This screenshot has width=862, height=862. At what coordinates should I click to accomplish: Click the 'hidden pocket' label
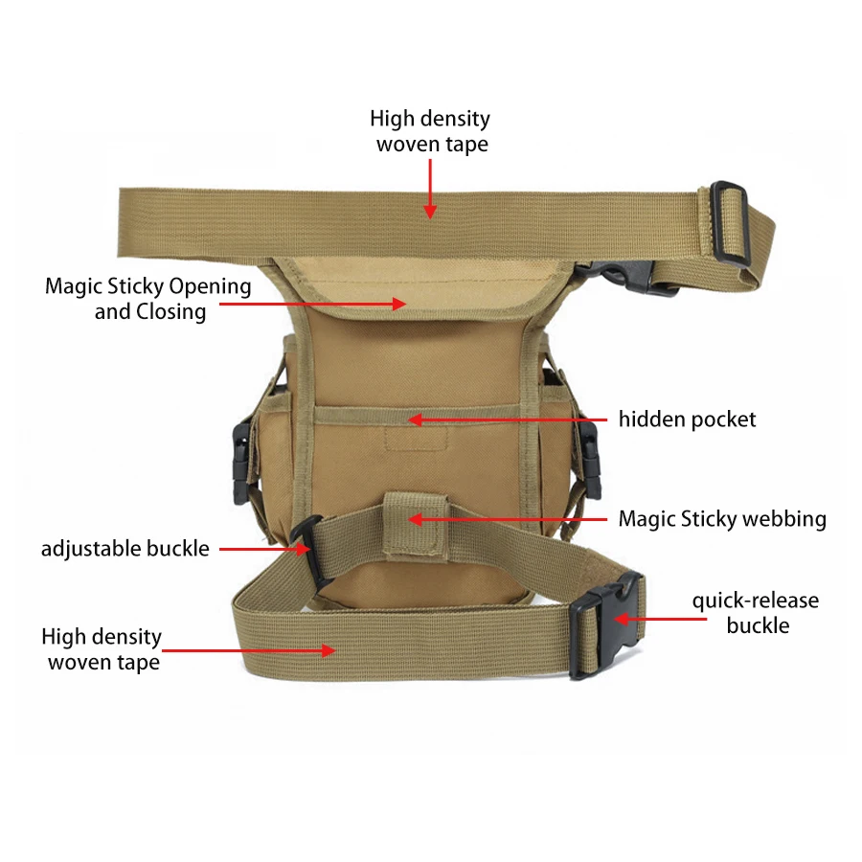(687, 420)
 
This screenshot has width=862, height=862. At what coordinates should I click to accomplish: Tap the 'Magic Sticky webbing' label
(722, 519)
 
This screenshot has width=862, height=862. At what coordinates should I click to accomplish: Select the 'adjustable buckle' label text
(125, 549)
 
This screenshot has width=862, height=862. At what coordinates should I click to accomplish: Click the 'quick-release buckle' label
(756, 613)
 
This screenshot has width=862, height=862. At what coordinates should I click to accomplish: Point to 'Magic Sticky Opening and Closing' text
(148, 299)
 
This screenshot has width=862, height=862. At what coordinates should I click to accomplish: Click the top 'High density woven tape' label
(430, 131)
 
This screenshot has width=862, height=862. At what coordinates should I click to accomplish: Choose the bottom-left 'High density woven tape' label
(102, 649)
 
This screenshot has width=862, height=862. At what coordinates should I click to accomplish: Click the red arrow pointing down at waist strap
(430, 189)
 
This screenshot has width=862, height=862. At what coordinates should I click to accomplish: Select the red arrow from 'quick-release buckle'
(660, 619)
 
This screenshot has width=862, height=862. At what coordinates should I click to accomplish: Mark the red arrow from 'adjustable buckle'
(264, 549)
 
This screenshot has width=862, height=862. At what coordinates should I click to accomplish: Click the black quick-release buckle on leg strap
(603, 626)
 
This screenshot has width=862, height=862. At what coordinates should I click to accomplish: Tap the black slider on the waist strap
(731, 222)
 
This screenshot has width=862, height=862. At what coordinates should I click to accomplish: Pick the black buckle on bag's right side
(589, 459)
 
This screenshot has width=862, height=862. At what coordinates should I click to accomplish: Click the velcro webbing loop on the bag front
(416, 527)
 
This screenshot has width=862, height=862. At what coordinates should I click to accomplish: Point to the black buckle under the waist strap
(632, 276)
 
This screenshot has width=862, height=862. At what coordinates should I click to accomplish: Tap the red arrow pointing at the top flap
(313, 304)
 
